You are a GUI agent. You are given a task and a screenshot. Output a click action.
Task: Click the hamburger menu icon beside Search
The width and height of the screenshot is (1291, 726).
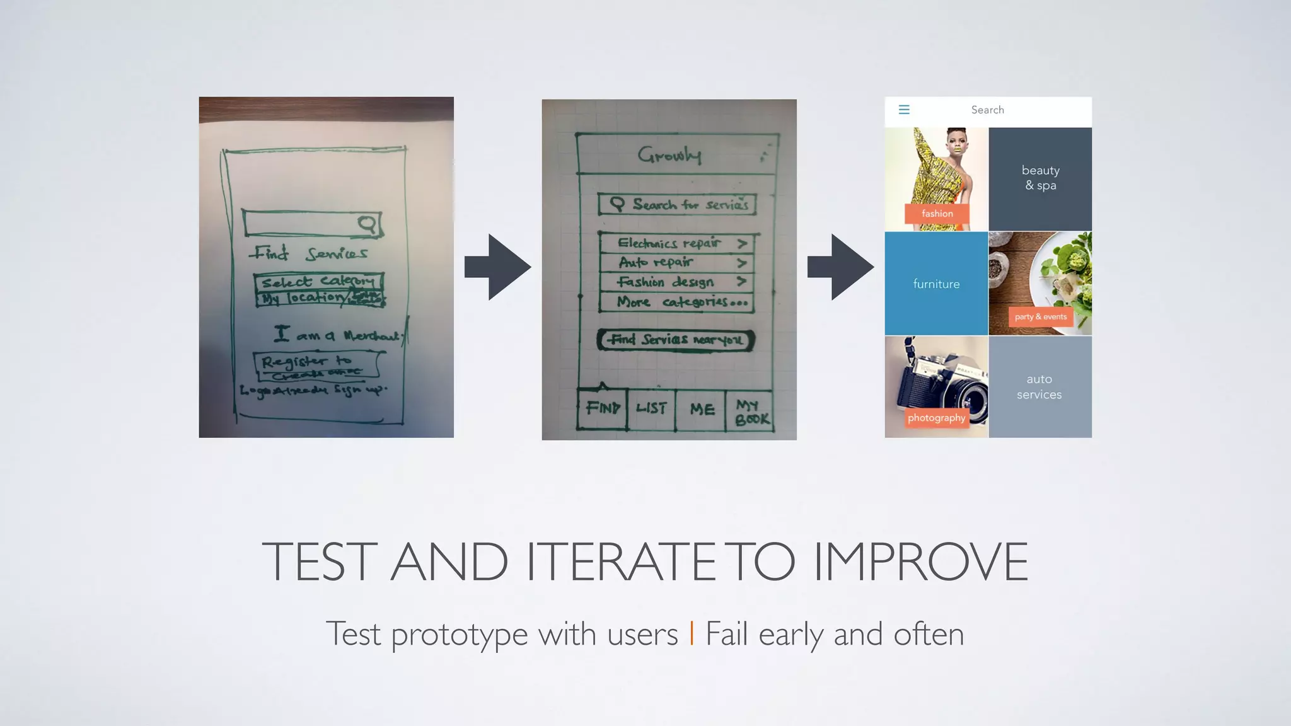(904, 110)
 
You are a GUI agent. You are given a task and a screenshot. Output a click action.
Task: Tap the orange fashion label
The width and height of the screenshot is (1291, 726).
(937, 214)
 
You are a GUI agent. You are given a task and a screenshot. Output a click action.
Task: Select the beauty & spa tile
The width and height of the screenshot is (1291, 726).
(1040, 178)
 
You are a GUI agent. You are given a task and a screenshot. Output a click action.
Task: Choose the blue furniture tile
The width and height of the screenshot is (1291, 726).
(936, 284)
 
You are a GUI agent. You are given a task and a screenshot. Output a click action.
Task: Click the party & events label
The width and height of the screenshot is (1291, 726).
(1040, 317)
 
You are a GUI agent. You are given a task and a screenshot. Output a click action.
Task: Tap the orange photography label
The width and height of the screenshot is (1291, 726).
(936, 418)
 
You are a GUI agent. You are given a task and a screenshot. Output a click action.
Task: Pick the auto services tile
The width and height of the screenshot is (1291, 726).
(1039, 387)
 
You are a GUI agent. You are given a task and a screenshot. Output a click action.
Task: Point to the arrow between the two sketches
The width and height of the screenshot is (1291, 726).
(497, 267)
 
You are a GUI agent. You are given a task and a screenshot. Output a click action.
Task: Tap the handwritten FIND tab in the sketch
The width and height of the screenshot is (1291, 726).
(603, 408)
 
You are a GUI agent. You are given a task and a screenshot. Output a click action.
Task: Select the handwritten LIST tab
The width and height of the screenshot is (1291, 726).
(651, 408)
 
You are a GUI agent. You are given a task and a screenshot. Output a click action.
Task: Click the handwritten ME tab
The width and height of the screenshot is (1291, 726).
(702, 410)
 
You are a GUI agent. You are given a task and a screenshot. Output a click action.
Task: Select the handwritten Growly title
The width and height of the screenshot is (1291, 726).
(669, 154)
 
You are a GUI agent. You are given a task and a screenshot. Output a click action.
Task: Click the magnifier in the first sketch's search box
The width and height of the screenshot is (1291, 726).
(367, 224)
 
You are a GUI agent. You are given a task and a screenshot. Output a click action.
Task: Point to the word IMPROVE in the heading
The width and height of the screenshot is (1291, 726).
(920, 562)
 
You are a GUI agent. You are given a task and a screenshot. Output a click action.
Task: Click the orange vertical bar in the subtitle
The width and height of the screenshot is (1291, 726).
(692, 633)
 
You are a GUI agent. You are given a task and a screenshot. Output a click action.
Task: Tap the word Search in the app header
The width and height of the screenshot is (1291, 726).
(987, 110)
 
